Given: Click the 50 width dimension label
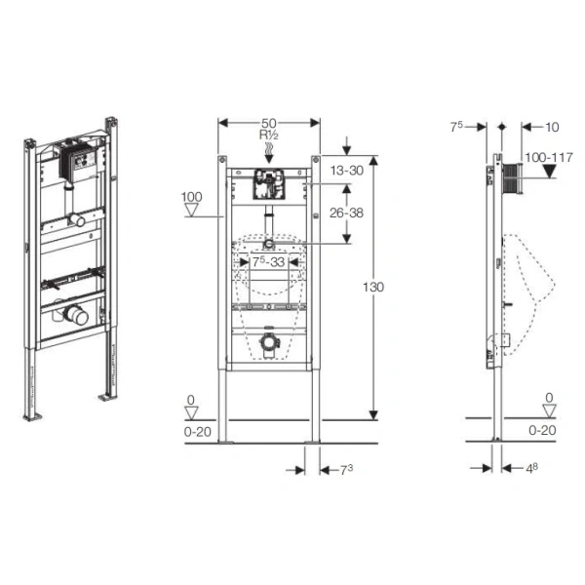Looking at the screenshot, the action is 269,123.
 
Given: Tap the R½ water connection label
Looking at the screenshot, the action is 269,135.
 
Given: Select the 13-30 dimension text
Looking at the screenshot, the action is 346,171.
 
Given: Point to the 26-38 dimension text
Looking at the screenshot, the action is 346,213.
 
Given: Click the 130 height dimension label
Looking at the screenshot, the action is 373,287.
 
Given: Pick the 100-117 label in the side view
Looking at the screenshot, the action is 548,157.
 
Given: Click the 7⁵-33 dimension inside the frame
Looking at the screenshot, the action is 269,262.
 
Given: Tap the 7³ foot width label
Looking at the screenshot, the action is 346,470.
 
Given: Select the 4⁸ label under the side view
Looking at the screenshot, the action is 531,468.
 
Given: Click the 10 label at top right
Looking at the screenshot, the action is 552,127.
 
